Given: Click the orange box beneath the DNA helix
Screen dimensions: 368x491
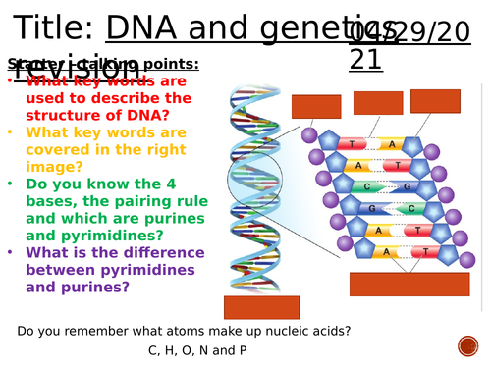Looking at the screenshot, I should [261, 307].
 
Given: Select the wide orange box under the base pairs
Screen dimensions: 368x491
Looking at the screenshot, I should [409, 284].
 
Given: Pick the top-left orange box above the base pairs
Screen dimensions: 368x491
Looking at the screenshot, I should [316, 106].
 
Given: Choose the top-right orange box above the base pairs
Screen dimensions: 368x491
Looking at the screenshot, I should [435, 101].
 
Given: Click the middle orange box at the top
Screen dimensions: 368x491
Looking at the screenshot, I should [378, 103].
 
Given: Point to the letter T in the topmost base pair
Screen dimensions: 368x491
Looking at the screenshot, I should [353, 143].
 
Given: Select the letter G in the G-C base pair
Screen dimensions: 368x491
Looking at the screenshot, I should [373, 209].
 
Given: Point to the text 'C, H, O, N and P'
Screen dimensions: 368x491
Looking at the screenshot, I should [197, 349].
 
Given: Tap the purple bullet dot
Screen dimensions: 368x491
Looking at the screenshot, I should [11, 252].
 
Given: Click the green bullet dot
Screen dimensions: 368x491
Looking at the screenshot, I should [11, 183].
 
